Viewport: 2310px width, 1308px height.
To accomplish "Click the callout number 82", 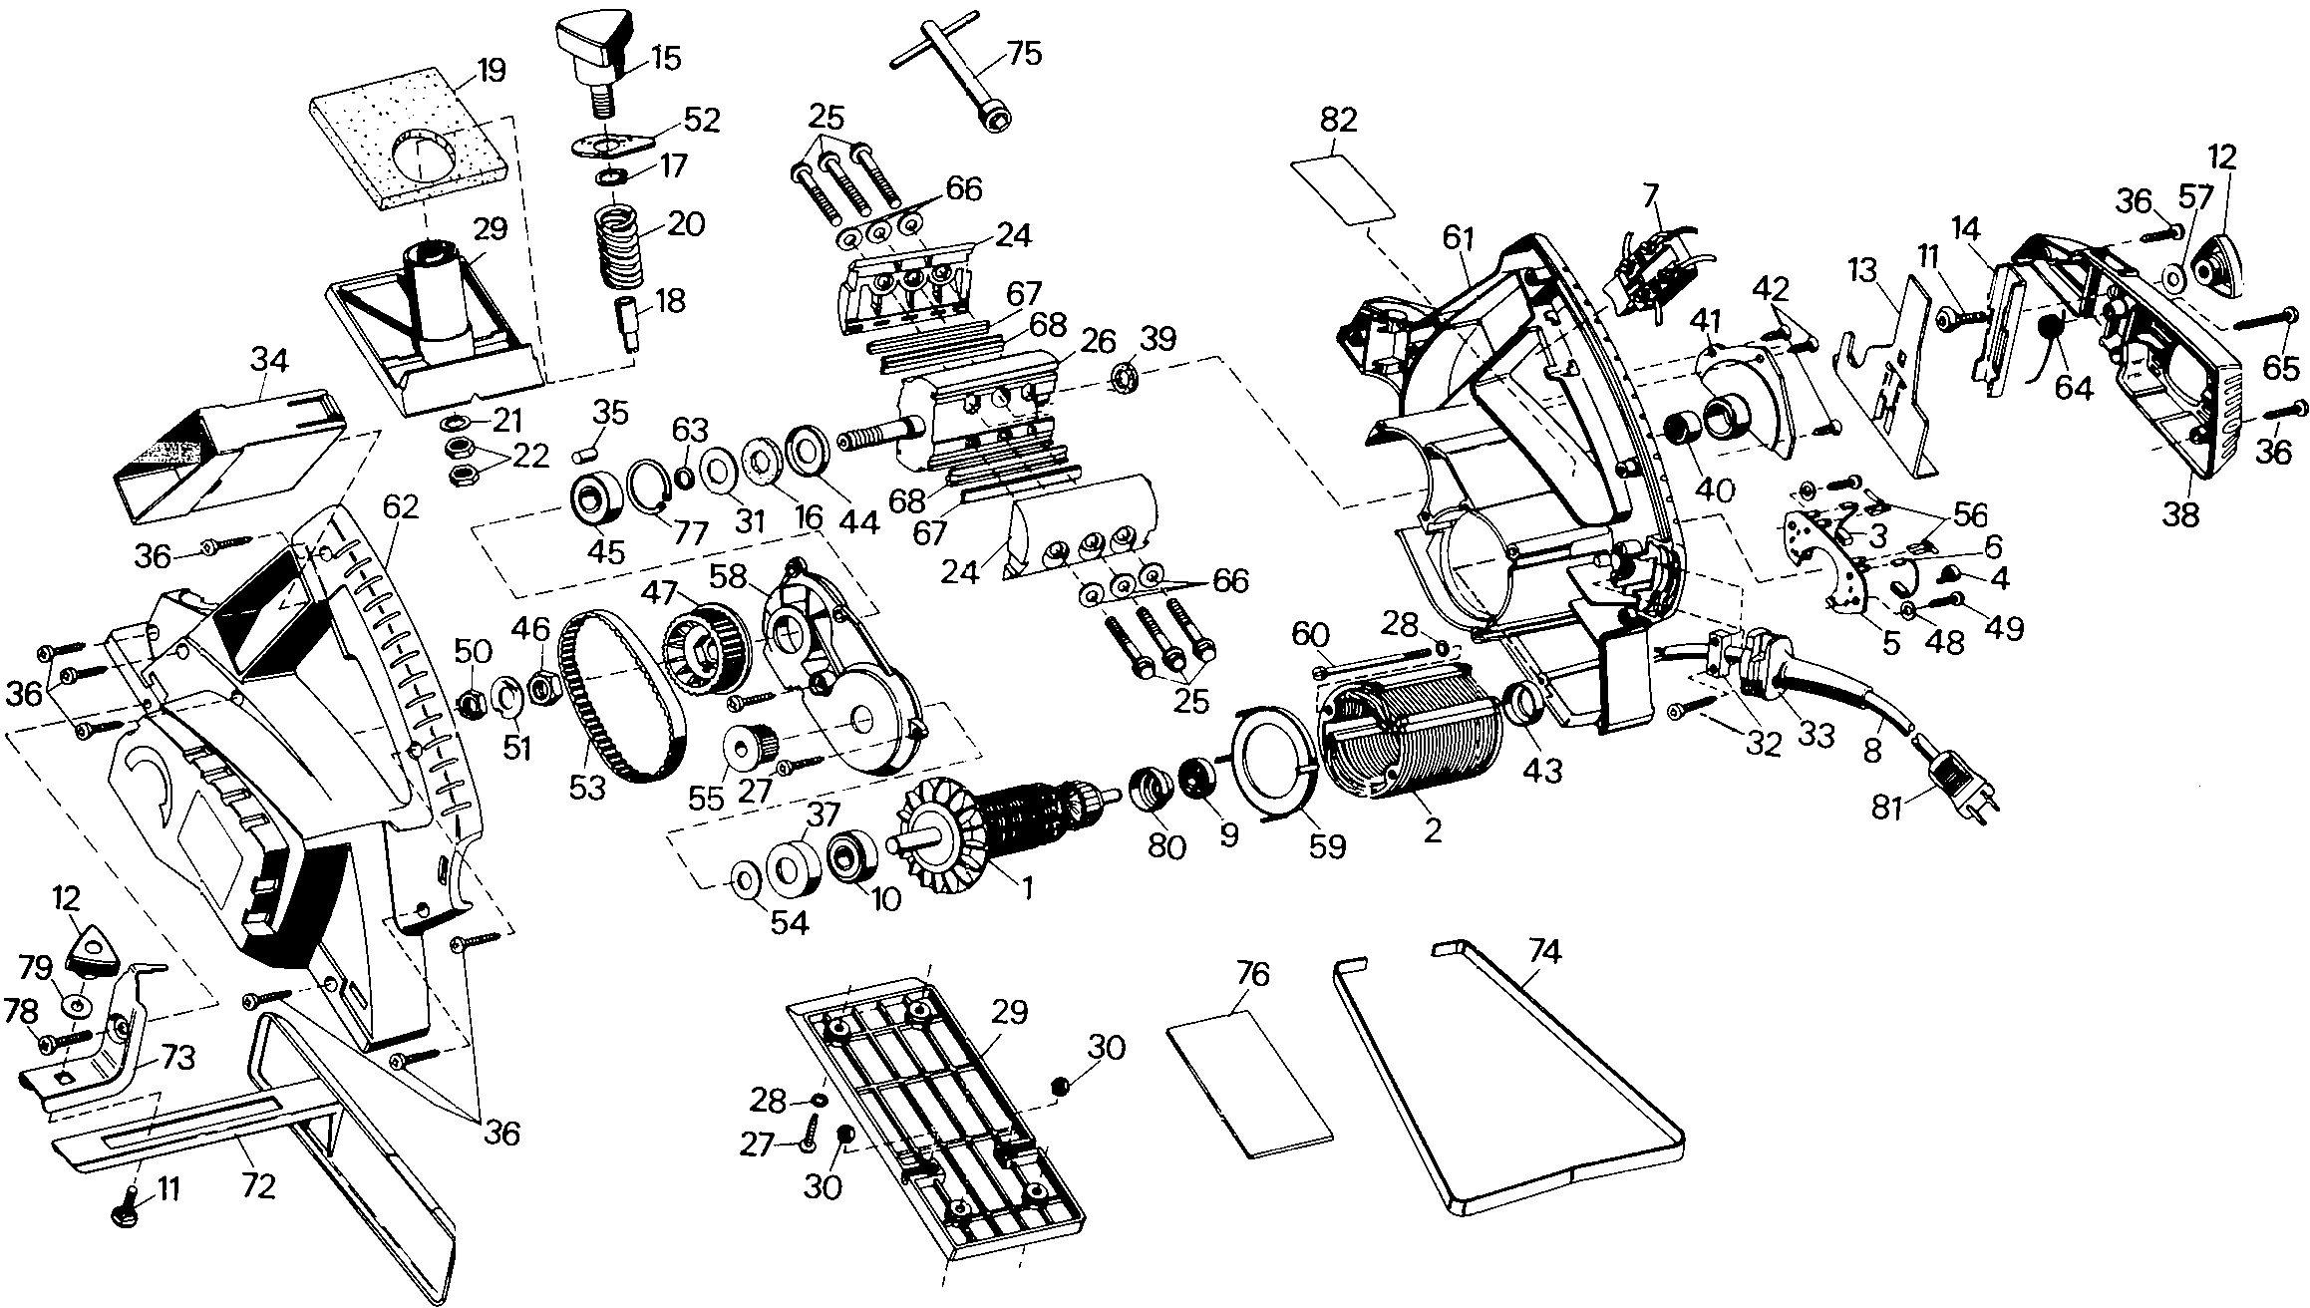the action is coord(1337,121).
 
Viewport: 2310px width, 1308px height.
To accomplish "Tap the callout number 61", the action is coord(1457,238).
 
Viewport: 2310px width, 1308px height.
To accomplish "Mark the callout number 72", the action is coord(258,1187).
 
